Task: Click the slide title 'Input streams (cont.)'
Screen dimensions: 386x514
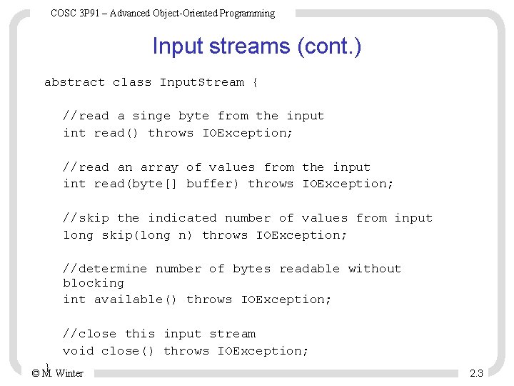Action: click(256, 46)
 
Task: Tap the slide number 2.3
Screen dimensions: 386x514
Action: click(476, 373)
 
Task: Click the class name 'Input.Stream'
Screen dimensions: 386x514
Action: click(202, 82)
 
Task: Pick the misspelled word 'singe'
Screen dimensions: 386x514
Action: click(151, 116)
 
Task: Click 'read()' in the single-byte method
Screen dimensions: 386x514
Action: click(116, 133)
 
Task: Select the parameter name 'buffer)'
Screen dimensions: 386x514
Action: click(213, 184)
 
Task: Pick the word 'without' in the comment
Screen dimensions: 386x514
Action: click(375, 269)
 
